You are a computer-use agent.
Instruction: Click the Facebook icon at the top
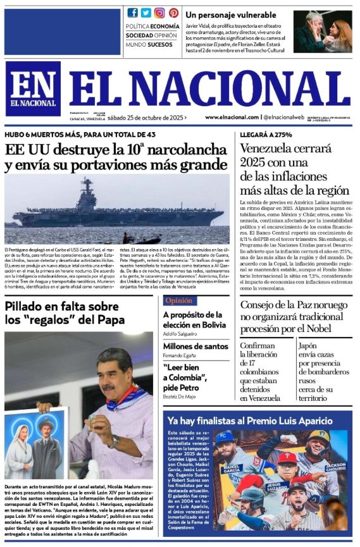[133, 13]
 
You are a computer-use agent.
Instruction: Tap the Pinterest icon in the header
[173, 13]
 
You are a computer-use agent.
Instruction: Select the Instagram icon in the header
[159, 13]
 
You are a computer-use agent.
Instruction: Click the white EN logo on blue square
[33, 88]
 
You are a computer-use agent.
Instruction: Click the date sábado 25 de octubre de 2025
[146, 117]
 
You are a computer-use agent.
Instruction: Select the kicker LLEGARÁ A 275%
[266, 135]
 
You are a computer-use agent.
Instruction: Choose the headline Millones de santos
[196, 346]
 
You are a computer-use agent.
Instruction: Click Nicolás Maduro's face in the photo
[112, 373]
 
